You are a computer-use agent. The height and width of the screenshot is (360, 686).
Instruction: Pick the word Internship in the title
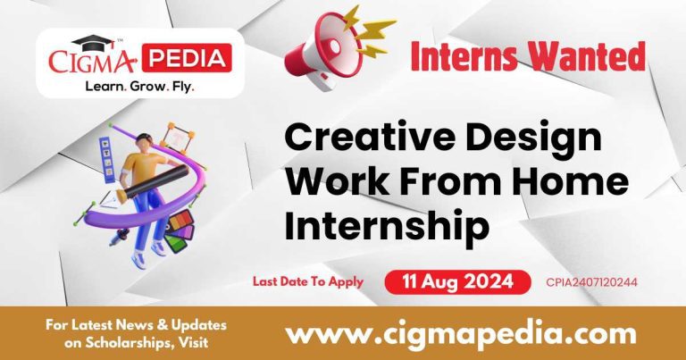[387, 224]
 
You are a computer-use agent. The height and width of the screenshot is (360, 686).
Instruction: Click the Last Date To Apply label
[307, 281]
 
